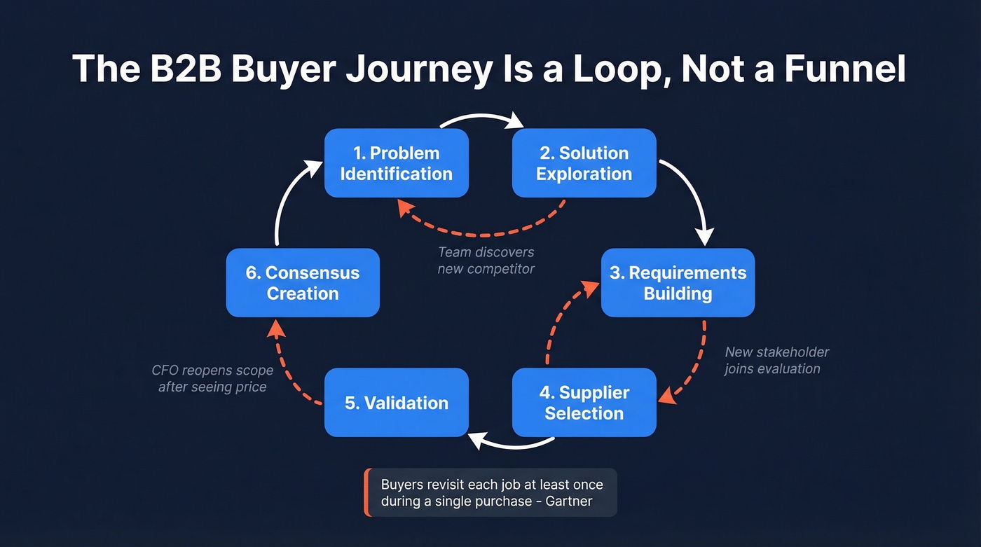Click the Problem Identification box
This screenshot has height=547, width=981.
click(x=396, y=163)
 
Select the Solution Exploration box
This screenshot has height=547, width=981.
click(x=584, y=163)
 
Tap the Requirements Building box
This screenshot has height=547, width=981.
click(x=678, y=283)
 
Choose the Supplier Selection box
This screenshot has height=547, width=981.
click(x=584, y=403)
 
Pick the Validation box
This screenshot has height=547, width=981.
click(x=396, y=403)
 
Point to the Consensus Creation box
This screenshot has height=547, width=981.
click(x=303, y=283)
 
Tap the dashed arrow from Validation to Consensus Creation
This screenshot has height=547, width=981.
click(x=287, y=364)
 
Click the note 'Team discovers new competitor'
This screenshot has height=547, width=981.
click(x=486, y=260)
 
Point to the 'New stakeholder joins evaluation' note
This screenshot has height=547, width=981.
click(x=776, y=360)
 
